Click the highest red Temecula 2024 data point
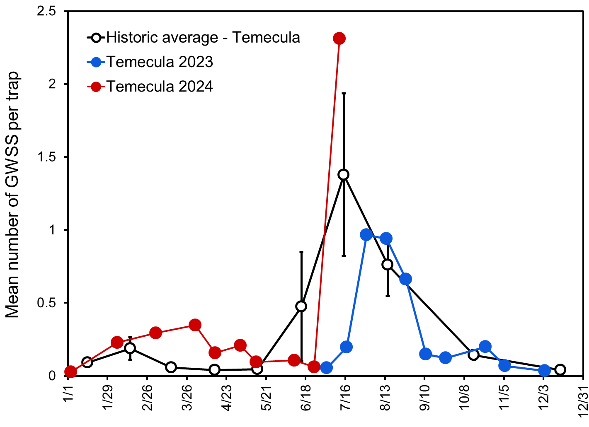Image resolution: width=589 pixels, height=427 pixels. [339, 39]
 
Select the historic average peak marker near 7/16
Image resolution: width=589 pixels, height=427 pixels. [343, 174]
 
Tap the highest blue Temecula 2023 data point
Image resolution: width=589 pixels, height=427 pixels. [366, 235]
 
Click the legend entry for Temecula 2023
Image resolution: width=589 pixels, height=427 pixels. [160, 62]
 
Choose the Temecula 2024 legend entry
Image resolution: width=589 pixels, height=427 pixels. [160, 87]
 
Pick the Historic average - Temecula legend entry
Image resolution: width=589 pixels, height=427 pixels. [203, 37]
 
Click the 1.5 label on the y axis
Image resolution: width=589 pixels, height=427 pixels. [46, 157]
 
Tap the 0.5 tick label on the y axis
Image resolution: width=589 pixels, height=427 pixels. [46, 303]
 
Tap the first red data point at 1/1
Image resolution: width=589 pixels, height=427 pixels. [70, 372]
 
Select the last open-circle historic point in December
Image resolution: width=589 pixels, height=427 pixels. [560, 369]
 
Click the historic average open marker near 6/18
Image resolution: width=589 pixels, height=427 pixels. [301, 306]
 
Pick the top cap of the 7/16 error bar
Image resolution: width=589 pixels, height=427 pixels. [343, 94]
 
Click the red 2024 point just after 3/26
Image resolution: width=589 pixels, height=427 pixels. [195, 325]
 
